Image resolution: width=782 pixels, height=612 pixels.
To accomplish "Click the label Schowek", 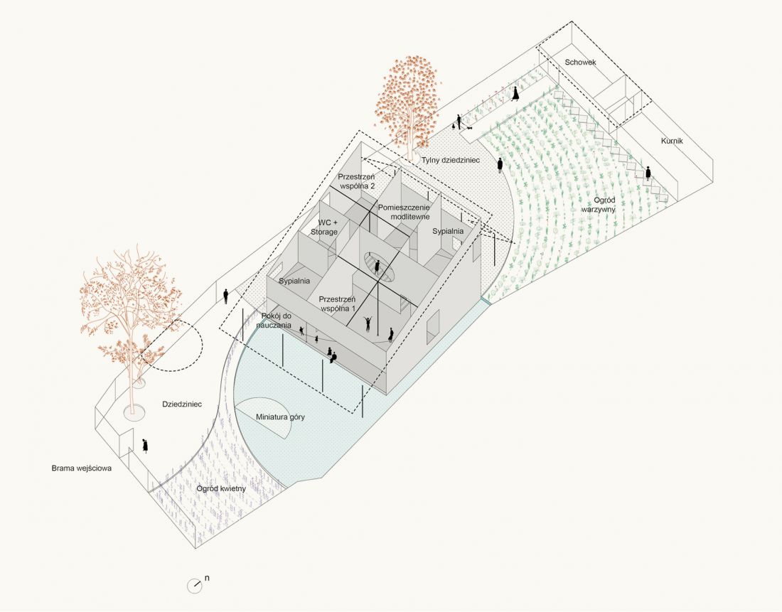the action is pyautogui.click(x=580, y=63).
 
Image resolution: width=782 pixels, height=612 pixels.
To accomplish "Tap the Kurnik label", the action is pyautogui.click(x=672, y=141).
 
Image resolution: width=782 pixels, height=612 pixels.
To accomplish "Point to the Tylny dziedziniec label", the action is pyautogui.click(x=450, y=160).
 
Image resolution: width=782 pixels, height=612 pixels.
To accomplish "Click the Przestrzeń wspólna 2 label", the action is pyautogui.click(x=357, y=181).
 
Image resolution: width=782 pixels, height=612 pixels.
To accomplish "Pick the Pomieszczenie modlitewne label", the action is pyautogui.click(x=404, y=212).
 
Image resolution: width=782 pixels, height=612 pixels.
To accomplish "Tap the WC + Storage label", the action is pyautogui.click(x=324, y=227).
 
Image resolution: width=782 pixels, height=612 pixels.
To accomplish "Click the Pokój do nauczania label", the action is pyautogui.click(x=276, y=321).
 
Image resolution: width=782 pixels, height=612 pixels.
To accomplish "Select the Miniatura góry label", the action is pyautogui.click(x=280, y=417).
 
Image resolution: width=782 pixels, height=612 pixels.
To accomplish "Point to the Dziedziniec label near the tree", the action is pyautogui.click(x=182, y=404).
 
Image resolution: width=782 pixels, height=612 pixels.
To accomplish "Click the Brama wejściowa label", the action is pyautogui.click(x=82, y=468).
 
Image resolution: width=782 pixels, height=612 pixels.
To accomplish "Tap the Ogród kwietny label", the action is pyautogui.click(x=221, y=488).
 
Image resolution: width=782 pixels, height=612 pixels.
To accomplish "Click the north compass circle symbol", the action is pyautogui.click(x=194, y=586).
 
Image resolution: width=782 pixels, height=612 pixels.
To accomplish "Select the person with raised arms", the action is pyautogui.click(x=368, y=323).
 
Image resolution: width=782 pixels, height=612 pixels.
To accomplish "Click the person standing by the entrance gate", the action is pyautogui.click(x=145, y=446).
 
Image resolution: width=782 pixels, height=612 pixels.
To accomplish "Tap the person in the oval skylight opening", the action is pyautogui.click(x=377, y=267).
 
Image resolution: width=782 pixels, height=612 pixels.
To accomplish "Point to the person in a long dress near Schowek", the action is pyautogui.click(x=515, y=93).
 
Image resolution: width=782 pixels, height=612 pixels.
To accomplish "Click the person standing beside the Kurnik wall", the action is pyautogui.click(x=648, y=173).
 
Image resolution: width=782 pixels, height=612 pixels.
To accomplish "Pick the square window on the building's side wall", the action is pyautogui.click(x=433, y=327).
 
